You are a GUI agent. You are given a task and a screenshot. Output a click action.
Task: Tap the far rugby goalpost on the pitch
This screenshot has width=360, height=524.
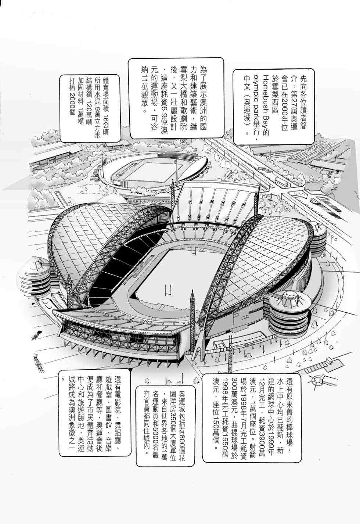click(193, 253)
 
